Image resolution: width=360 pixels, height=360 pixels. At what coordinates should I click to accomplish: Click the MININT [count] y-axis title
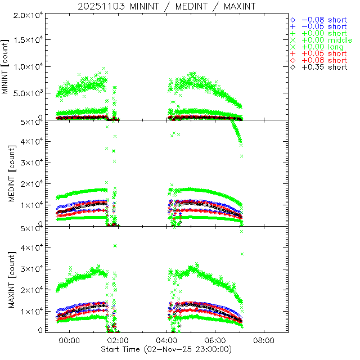tap(6, 66)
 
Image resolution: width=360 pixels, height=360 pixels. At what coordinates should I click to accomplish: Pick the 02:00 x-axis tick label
tap(118, 341)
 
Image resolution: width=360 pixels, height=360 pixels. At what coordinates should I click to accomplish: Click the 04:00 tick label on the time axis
tap(166, 341)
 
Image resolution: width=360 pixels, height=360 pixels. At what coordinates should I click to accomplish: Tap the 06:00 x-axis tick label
tap(215, 341)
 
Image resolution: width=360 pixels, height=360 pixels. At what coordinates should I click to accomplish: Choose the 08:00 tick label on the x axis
tap(264, 341)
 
